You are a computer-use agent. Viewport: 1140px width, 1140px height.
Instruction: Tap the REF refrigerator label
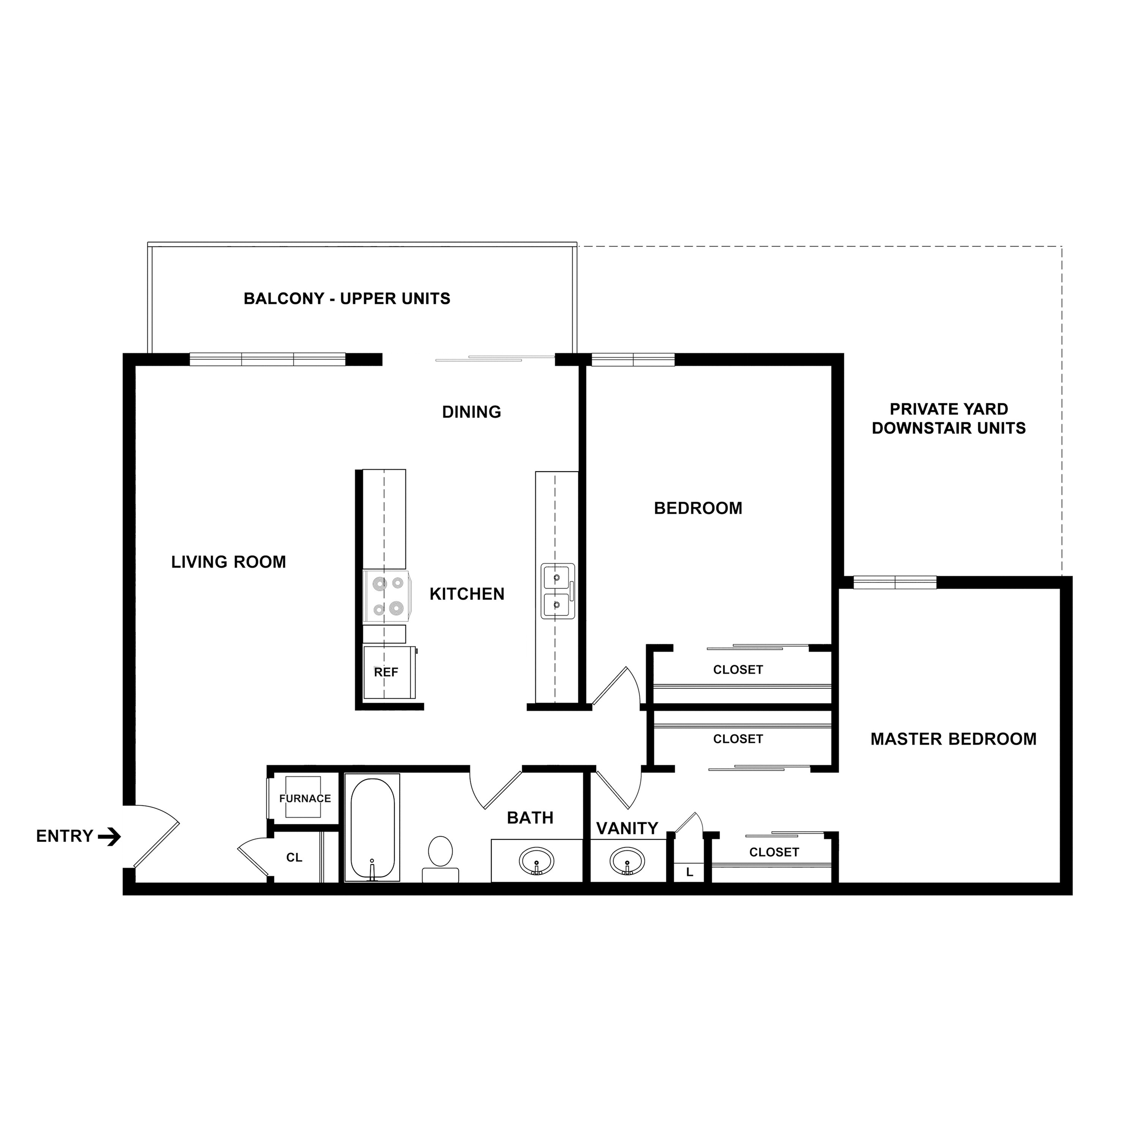pos(386,672)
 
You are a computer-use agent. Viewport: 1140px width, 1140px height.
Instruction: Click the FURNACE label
pos(305,798)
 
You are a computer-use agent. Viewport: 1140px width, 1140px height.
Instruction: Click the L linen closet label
pos(689,872)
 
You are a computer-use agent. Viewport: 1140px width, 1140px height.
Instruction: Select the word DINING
pos(472,412)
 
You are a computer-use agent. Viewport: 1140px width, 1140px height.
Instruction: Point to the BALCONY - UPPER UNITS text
pos(347,299)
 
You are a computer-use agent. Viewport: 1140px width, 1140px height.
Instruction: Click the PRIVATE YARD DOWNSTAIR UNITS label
pos(949,418)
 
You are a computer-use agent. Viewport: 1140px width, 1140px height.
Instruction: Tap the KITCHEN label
pos(467,594)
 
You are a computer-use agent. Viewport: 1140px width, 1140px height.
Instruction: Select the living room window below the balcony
pos(267,359)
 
